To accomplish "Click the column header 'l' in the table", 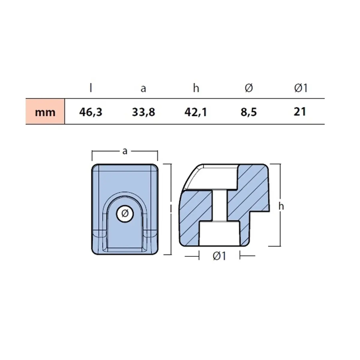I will [91, 88].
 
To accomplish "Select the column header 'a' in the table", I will [143, 88].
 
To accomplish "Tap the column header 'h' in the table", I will [196, 88].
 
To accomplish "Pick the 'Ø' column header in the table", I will [249, 88].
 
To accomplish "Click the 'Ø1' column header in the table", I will [301, 88].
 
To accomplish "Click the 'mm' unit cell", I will [45, 112].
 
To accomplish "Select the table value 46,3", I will [91, 112].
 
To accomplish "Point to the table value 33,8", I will [143, 112].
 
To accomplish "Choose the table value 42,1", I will [196, 112].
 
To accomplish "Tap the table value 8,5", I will [249, 112].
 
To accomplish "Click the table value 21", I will [300, 112].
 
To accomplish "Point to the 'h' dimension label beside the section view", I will [281, 206].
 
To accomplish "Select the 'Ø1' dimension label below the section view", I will [219, 256].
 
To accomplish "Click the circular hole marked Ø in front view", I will [125, 214].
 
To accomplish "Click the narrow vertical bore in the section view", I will [220, 206].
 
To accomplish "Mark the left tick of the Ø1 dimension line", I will [199, 256].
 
